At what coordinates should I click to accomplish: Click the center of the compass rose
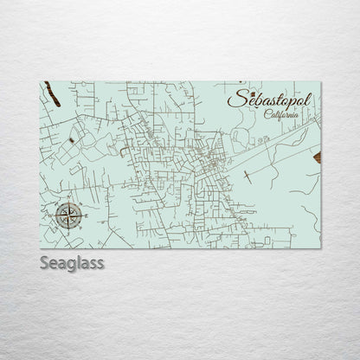point(66,214)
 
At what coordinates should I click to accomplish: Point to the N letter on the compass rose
point(66,202)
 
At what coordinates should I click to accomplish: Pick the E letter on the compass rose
point(78,214)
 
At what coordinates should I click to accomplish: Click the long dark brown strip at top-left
point(49,89)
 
